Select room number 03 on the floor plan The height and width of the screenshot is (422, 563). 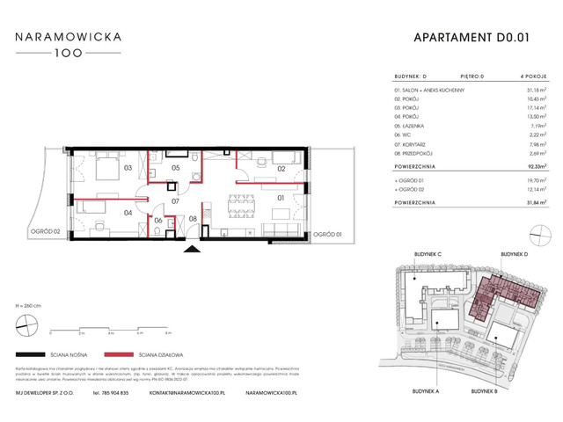[x=128, y=167]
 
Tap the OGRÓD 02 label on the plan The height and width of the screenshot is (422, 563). [x=43, y=231]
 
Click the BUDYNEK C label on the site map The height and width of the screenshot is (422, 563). [x=426, y=253]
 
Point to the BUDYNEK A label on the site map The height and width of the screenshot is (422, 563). [x=426, y=389]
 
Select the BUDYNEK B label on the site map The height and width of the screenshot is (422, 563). [x=485, y=389]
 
